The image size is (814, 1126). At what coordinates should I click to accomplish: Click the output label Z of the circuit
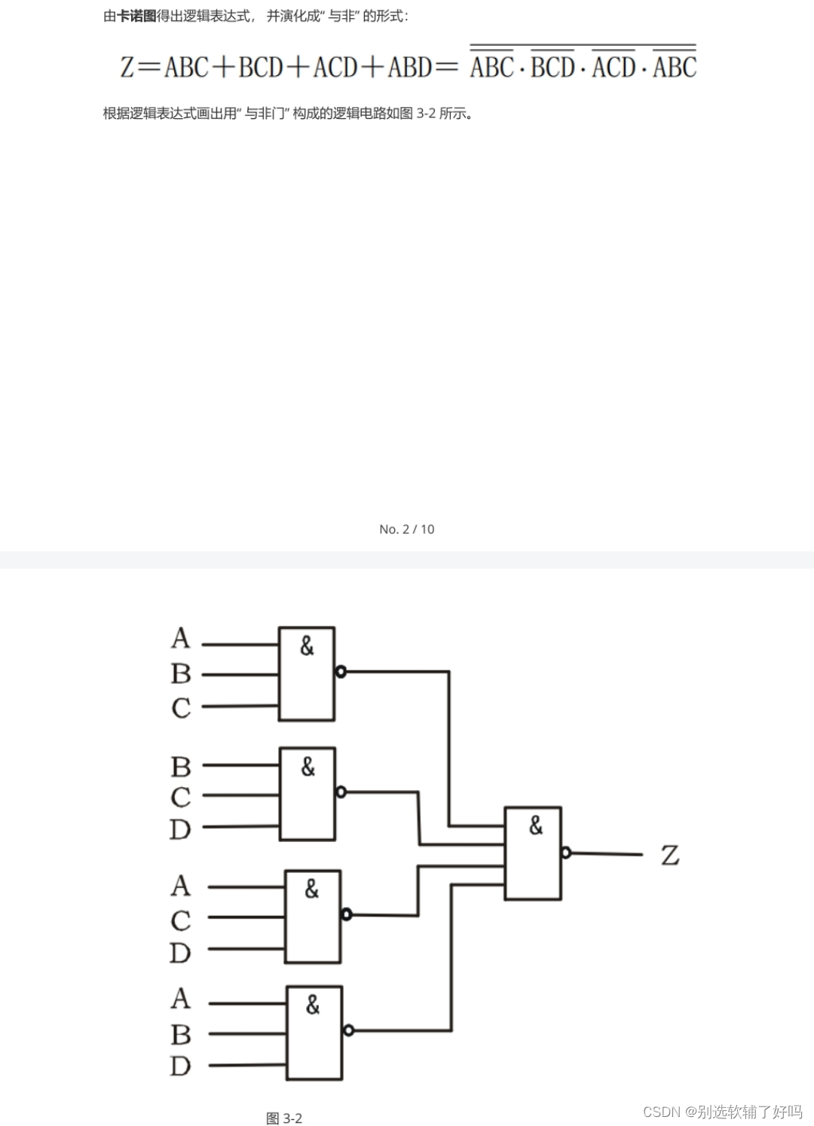click(669, 856)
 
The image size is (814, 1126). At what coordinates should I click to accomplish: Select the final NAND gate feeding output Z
click(533, 853)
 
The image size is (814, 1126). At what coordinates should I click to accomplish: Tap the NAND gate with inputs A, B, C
click(307, 673)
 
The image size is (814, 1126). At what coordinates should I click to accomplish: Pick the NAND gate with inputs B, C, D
click(308, 794)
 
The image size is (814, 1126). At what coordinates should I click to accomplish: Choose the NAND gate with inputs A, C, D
click(313, 917)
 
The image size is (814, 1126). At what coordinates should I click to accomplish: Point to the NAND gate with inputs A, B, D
click(314, 1033)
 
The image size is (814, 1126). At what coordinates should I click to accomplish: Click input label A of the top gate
click(181, 639)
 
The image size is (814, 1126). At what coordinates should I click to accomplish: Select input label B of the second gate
click(181, 767)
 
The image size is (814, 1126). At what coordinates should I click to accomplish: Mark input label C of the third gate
click(181, 920)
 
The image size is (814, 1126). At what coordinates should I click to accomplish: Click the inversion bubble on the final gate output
click(566, 853)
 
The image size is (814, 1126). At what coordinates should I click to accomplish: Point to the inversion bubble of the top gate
click(341, 672)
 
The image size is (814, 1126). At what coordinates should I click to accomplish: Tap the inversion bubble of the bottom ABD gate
click(348, 1030)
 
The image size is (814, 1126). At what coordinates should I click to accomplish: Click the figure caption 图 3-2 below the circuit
click(284, 1118)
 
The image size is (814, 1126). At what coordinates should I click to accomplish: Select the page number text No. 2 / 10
click(407, 529)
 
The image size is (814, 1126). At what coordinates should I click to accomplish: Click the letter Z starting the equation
click(127, 68)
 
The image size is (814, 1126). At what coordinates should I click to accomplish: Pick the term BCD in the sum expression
click(261, 68)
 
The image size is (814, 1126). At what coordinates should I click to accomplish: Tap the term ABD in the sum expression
click(410, 68)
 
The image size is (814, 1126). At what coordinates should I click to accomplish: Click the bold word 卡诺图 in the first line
click(136, 16)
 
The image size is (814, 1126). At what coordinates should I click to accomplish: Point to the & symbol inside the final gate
click(535, 826)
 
